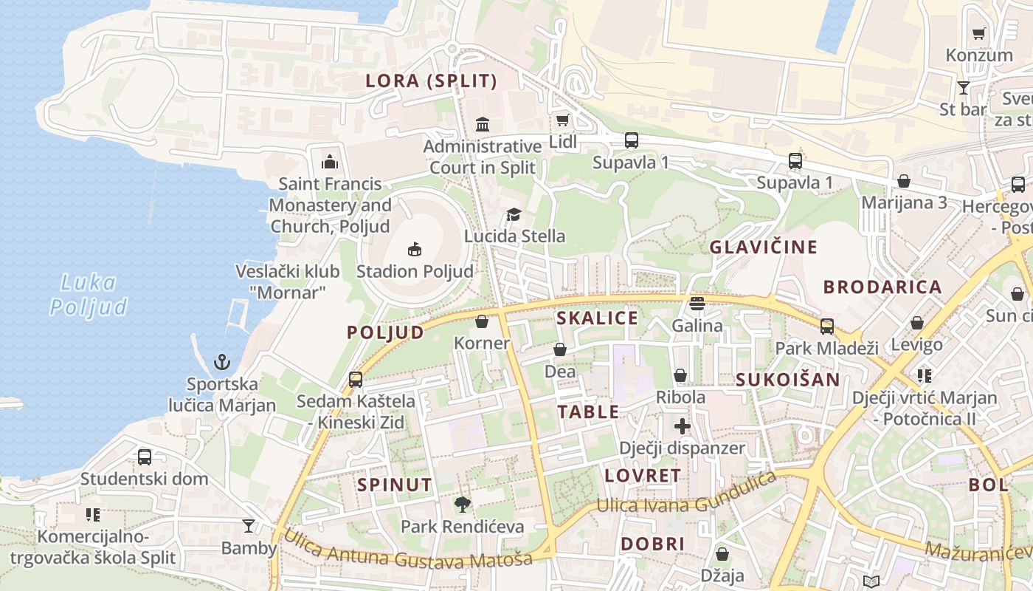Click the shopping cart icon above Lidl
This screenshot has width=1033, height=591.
562,120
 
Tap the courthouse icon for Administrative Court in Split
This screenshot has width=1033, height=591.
483,124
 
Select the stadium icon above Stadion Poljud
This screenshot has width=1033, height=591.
415,250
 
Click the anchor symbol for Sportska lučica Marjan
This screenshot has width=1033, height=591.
222,362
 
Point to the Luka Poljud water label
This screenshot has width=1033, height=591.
89,294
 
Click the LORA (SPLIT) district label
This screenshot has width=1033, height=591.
432,81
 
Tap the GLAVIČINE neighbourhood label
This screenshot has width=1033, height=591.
764,247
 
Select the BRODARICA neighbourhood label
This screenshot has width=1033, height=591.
882,287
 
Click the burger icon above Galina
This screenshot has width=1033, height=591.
697,304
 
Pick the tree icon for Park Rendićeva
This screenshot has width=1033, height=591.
463,505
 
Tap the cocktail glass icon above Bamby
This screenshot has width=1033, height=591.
249,526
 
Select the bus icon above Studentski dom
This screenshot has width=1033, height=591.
145,457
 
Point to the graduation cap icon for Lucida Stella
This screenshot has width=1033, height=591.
514,214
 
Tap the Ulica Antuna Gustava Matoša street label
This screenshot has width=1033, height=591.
408,550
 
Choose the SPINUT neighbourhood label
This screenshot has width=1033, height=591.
395,485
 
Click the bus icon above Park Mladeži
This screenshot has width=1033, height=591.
827,326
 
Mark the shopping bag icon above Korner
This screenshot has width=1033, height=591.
482,321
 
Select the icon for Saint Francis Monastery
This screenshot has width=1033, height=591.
329,162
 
